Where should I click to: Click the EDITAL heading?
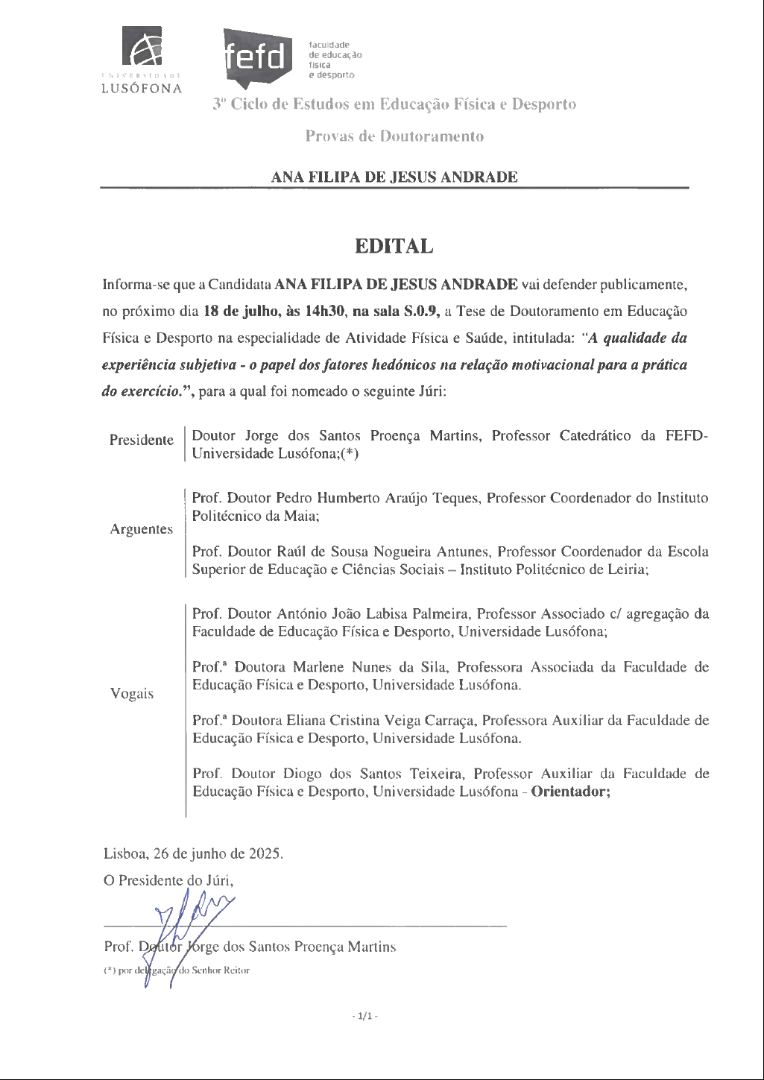click(394, 247)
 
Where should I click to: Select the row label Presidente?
click(142, 440)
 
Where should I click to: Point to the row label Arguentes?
click(142, 529)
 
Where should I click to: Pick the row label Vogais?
click(132, 694)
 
